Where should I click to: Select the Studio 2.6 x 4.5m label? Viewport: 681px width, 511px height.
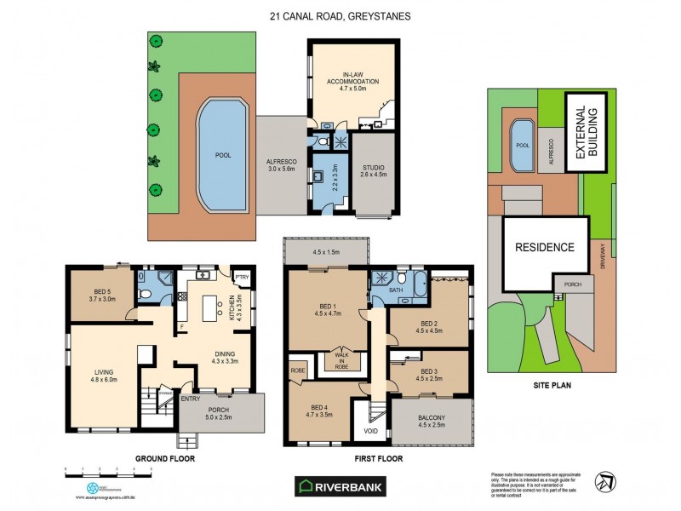(x=374, y=170)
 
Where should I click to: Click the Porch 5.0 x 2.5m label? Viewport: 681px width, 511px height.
(x=220, y=414)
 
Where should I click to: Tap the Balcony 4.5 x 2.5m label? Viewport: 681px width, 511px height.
(x=432, y=420)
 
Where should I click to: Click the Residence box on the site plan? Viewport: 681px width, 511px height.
(x=545, y=248)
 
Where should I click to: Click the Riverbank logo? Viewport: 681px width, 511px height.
(x=339, y=486)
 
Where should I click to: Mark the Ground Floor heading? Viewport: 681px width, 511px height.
(x=165, y=458)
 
